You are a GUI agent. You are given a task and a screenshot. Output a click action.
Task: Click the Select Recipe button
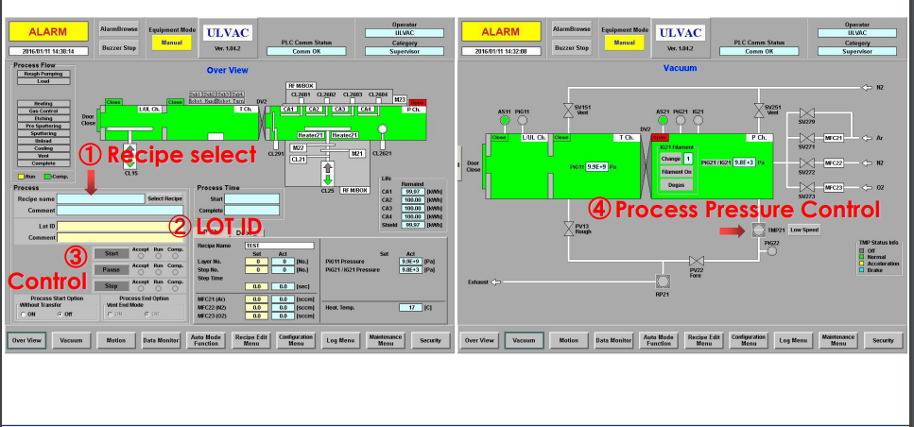[x=164, y=198]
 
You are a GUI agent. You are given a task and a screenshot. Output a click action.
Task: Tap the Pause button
[x=112, y=269]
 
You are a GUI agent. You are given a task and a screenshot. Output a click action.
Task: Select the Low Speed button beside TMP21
[x=804, y=230]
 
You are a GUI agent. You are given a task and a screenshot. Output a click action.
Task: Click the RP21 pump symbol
[x=662, y=281]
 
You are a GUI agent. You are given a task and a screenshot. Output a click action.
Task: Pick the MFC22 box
[x=834, y=162]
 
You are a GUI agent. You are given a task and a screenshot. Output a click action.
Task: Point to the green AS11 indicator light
[x=504, y=121]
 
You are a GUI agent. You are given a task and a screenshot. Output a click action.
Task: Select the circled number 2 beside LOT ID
[x=181, y=225]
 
